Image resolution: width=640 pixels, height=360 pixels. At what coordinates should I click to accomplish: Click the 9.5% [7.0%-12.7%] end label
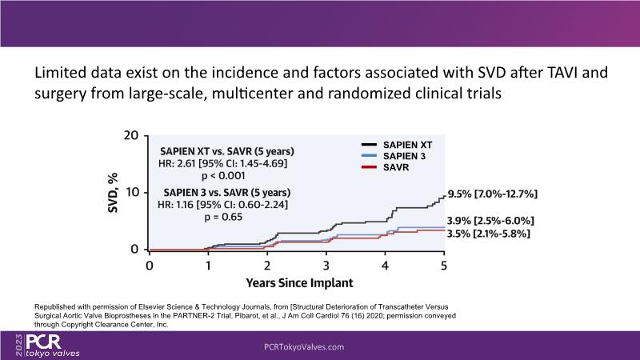pyautogui.click(x=491, y=194)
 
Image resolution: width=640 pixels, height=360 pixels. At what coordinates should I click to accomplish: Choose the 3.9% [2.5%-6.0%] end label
pyautogui.click(x=491, y=221)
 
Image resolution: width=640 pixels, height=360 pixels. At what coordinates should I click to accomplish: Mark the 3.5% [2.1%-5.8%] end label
pyautogui.click(x=491, y=234)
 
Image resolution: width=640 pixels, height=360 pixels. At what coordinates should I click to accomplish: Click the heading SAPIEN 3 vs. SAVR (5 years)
pyautogui.click(x=226, y=192)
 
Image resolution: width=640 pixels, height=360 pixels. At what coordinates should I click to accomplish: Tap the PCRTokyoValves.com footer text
pyautogui.click(x=304, y=347)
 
